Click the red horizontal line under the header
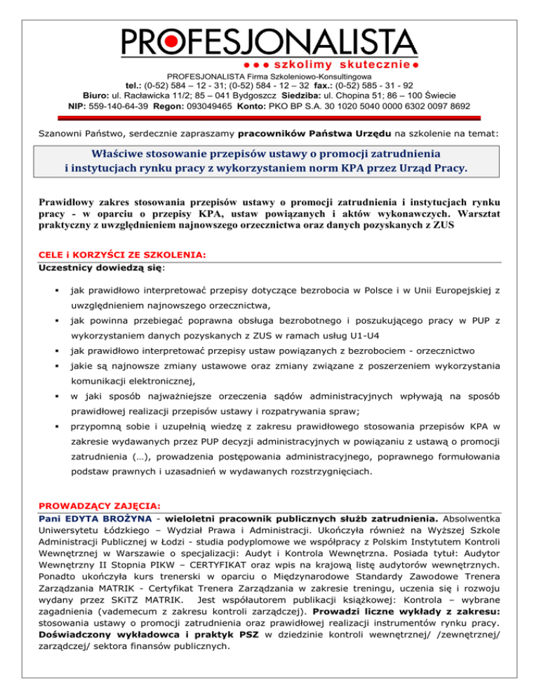click(x=269, y=117)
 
